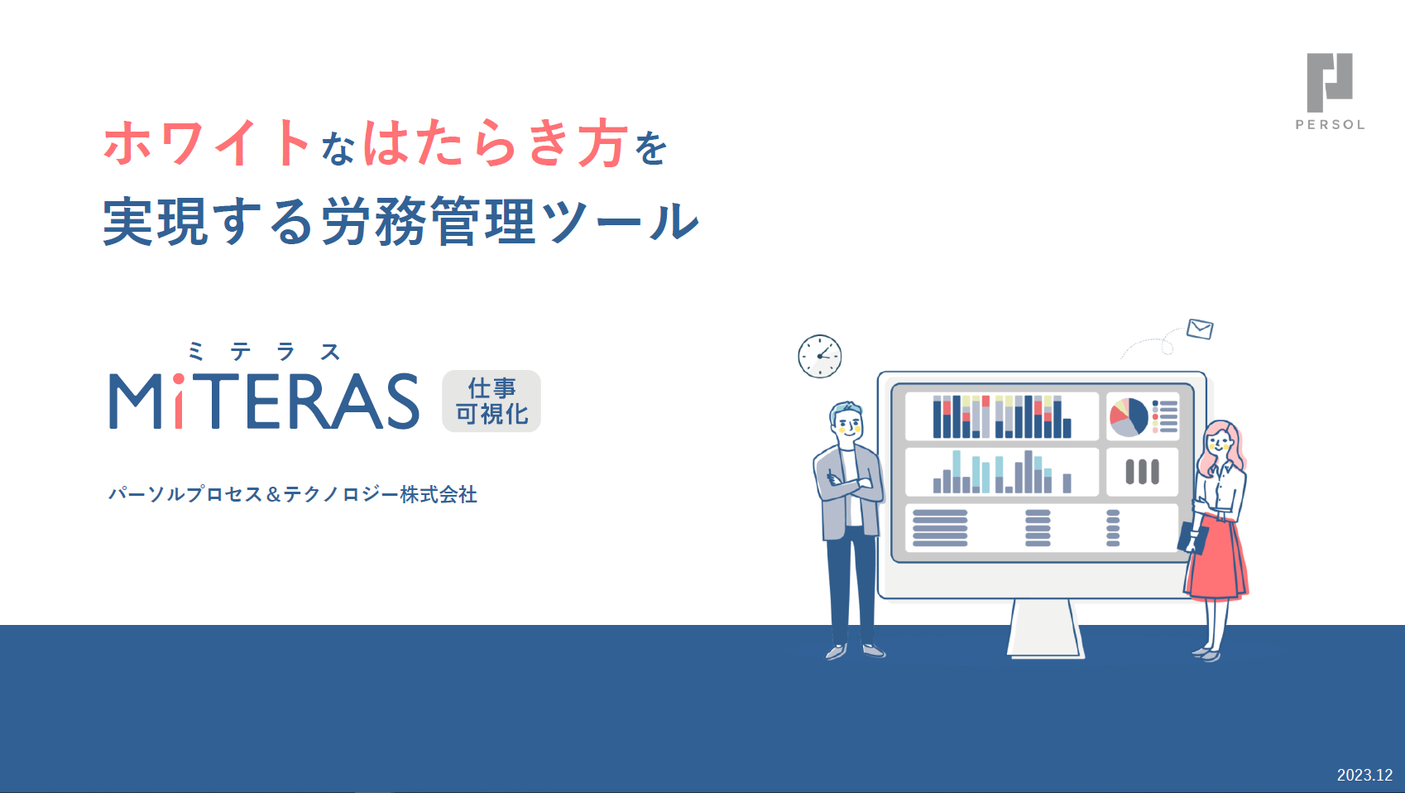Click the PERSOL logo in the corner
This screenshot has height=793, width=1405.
click(x=1330, y=92)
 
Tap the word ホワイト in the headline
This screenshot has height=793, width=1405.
click(x=208, y=144)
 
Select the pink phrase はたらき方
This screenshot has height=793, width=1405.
click(x=496, y=144)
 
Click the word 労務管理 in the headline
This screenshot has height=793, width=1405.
click(x=429, y=222)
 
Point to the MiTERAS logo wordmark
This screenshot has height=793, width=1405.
click(x=264, y=401)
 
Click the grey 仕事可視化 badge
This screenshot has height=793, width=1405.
click(x=492, y=401)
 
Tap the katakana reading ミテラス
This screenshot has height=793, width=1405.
click(x=264, y=352)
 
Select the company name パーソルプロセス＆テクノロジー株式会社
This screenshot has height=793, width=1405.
click(x=293, y=494)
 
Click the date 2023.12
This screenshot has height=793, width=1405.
click(x=1364, y=775)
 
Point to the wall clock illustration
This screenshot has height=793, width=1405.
click(x=820, y=356)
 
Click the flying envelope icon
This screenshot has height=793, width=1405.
click(x=1200, y=329)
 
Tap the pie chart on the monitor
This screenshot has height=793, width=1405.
click(x=1129, y=416)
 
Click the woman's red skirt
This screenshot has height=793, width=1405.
click(x=1217, y=557)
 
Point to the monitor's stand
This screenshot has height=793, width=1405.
click(x=1046, y=628)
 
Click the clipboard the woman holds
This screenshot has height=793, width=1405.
click(x=1192, y=538)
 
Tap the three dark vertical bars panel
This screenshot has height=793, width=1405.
click(x=1142, y=472)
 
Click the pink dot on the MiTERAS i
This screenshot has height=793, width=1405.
click(x=178, y=380)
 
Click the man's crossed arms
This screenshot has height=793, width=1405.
click(x=851, y=486)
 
